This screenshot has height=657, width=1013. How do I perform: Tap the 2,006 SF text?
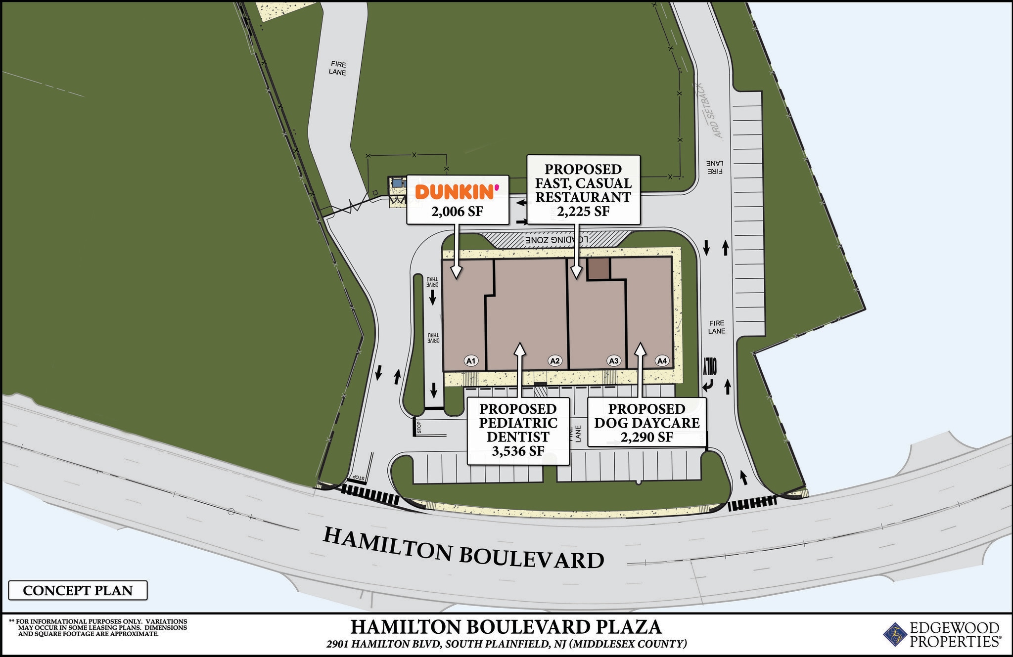pos(457,212)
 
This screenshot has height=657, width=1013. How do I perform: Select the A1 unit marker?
pos(471,361)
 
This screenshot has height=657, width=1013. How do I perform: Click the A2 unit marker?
pos(555,361)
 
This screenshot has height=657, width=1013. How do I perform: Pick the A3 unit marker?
pos(614,361)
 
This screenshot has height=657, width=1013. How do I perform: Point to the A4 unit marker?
pos(662,361)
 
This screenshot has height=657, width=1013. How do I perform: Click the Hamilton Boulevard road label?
pos(463,548)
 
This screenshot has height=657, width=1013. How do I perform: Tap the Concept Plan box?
pos(78,590)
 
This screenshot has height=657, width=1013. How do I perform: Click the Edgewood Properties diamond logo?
pos(894,634)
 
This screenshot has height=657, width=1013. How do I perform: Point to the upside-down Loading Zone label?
pos(556,240)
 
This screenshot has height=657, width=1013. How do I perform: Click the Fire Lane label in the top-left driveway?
pos(337,68)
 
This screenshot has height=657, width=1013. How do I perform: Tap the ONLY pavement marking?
pos(710,366)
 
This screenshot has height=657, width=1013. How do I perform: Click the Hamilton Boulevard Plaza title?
pos(506,627)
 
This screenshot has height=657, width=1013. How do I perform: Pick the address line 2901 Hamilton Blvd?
pos(506,644)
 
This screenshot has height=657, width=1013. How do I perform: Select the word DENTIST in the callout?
pos(518,437)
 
